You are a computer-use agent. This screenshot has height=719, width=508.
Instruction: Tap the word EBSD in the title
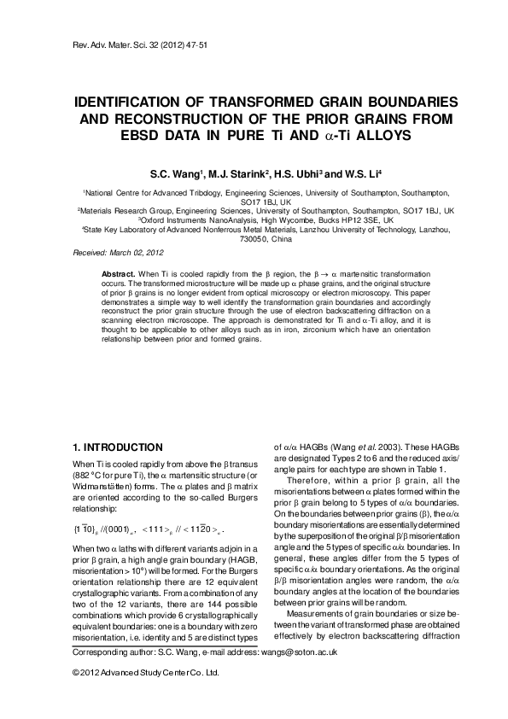click(x=153, y=135)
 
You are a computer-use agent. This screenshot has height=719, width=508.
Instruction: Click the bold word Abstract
click(x=119, y=271)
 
